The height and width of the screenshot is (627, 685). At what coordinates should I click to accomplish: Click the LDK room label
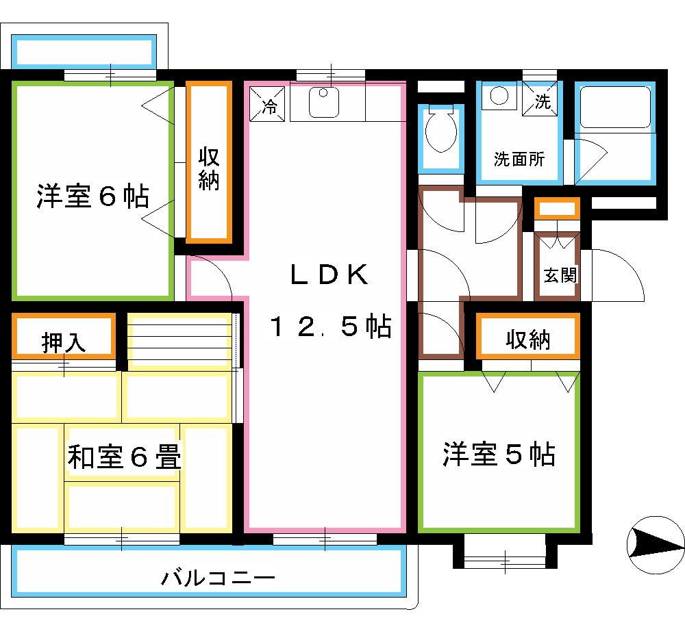pyautogui.click(x=329, y=274)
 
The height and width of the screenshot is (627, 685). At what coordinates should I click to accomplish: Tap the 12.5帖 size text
pyautogui.click(x=331, y=326)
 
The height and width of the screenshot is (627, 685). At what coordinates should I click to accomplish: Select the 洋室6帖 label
pyautogui.click(x=92, y=196)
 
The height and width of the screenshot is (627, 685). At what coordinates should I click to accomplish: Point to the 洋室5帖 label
pyautogui.click(x=499, y=454)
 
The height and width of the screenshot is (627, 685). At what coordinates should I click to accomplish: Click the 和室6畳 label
pyautogui.click(x=124, y=457)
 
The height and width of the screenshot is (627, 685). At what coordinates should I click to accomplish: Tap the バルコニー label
pyautogui.click(x=219, y=578)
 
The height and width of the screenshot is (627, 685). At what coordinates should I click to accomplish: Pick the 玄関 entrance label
pyautogui.click(x=560, y=275)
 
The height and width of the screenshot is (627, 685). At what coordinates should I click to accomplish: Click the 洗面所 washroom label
pyautogui.click(x=519, y=159)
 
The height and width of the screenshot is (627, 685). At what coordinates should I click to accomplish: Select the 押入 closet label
pyautogui.click(x=63, y=343)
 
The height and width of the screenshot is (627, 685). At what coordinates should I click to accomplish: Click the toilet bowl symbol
pyautogui.click(x=440, y=129)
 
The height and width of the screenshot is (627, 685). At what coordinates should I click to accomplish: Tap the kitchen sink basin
pyautogui.click(x=324, y=103)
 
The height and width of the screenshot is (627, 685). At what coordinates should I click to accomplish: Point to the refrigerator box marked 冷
pyautogui.click(x=267, y=104)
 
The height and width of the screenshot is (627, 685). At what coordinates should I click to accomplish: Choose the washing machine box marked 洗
pyautogui.click(x=540, y=99)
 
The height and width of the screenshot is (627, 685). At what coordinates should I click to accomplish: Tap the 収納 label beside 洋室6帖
pyautogui.click(x=209, y=169)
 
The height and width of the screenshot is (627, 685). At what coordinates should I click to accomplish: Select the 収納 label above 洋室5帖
pyautogui.click(x=527, y=340)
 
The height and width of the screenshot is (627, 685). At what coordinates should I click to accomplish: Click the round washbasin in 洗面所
pyautogui.click(x=499, y=96)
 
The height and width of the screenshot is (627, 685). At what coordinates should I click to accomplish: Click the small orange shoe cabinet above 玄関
pyautogui.click(x=558, y=209)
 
